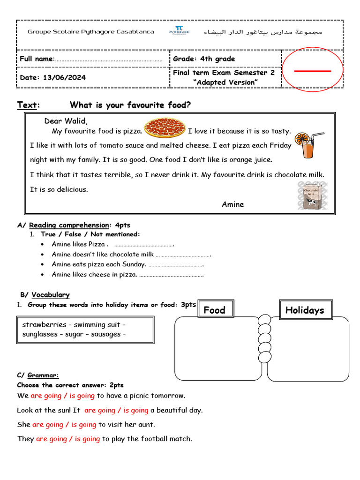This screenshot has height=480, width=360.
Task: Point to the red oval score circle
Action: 312,70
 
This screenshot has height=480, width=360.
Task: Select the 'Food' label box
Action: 215,310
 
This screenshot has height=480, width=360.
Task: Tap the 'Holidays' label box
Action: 305,310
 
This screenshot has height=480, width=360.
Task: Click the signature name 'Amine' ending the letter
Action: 233,204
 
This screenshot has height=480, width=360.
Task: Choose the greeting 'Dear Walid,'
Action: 66,121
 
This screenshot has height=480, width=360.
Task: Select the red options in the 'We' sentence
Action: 63,396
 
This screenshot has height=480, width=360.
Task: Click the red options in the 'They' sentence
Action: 68,439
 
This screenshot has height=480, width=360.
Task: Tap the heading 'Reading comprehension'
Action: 68,225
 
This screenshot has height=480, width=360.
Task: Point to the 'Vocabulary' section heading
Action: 51,295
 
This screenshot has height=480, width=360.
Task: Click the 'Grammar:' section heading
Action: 43,375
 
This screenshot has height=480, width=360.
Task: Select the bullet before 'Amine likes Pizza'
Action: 43,244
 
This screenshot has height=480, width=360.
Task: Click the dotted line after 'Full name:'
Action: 109,60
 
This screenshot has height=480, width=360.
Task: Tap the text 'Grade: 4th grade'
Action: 204,59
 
